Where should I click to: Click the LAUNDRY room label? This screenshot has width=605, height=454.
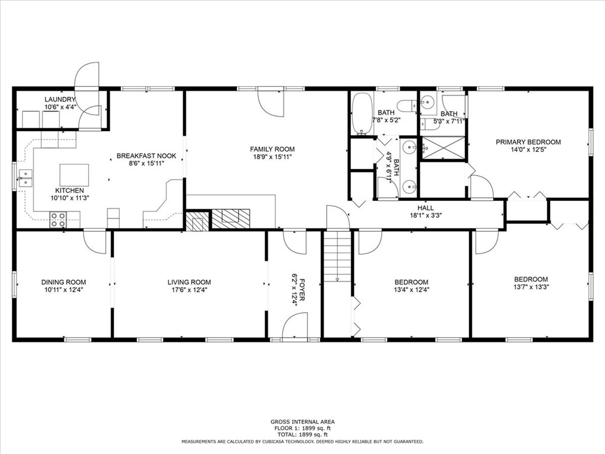(60, 99)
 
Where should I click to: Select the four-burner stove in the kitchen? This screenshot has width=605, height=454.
(58, 220)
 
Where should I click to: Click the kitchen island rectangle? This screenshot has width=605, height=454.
(74, 175)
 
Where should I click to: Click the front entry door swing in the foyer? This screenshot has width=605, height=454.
(295, 327)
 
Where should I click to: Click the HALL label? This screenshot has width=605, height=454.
(425, 208)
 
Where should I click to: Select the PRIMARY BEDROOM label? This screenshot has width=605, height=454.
(528, 142)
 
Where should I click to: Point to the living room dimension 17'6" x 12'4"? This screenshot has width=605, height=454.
(189, 290)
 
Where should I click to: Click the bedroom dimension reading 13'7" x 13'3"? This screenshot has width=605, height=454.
(530, 287)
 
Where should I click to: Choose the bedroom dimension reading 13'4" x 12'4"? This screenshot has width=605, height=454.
(412, 290)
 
